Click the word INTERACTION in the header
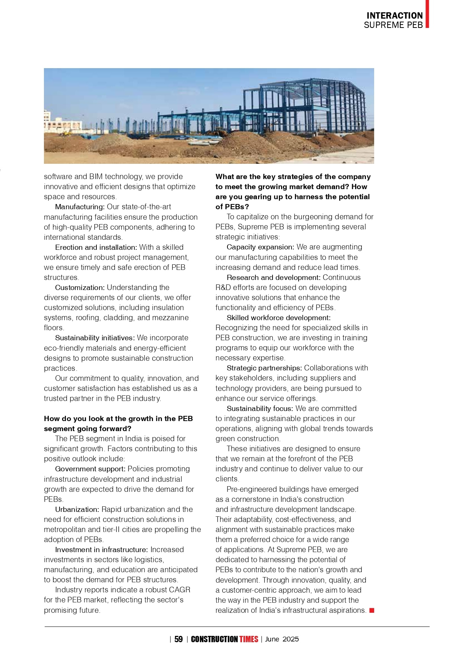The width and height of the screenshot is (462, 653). coord(394,16)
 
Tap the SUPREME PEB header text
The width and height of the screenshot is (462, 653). coord(393,25)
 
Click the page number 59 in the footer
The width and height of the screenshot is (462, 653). coord(178,639)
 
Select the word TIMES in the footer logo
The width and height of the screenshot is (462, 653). coord(249,639)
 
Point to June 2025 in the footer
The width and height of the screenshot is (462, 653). coord(282,639)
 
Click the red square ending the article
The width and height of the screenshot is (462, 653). coord(372,610)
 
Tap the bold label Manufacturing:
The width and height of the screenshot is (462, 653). coord(80,207)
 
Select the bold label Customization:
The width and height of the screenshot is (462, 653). coord(80,287)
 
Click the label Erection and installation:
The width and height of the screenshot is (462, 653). coord(96,247)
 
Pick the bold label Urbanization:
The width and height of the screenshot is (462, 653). coord(77,509)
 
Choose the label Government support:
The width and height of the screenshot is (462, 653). coord(90,469)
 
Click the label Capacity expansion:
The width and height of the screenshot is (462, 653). coord(260,247)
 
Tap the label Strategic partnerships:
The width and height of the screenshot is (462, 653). coord(264,368)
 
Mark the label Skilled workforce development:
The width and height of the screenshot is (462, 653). coord(278,318)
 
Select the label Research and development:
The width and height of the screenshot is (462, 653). coord(273,277)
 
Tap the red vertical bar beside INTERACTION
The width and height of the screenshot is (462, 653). coord(427,14)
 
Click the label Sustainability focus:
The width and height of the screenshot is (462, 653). coord(259,408)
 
